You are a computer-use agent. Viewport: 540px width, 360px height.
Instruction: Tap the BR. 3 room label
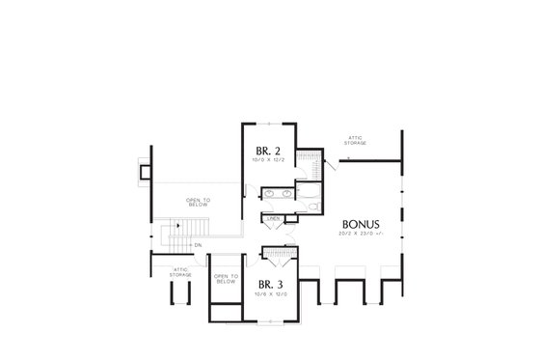(x=269, y=284)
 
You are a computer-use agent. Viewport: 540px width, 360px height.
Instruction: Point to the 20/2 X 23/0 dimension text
(x=359, y=233)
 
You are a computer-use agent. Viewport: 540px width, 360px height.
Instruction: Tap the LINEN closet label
(x=274, y=219)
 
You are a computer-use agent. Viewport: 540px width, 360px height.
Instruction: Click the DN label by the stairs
(x=196, y=244)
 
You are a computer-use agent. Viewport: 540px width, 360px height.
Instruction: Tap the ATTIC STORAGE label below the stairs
(x=180, y=272)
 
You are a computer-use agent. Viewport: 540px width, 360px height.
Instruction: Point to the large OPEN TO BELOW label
(x=199, y=204)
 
